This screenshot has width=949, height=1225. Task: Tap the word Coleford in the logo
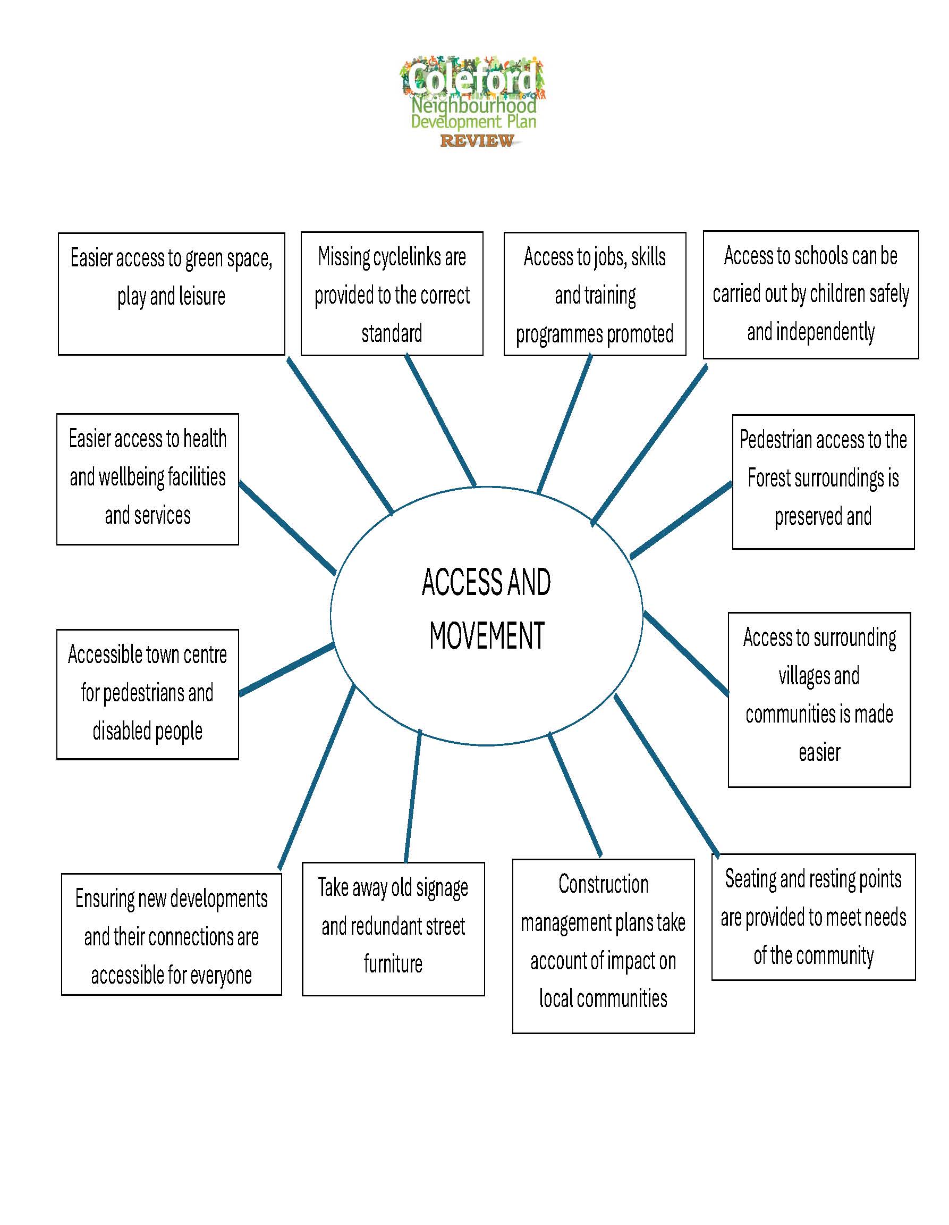tap(472, 79)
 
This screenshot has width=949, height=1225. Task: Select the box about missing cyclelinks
tap(392, 294)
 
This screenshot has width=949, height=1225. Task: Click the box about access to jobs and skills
tap(595, 294)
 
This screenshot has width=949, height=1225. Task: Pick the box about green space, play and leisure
tap(172, 294)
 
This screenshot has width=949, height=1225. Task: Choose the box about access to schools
tap(810, 294)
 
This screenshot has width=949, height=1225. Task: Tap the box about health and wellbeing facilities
tap(147, 479)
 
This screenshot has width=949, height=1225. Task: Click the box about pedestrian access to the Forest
tap(823, 481)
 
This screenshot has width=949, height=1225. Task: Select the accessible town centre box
tap(147, 694)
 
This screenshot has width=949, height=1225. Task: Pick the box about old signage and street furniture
tap(393, 928)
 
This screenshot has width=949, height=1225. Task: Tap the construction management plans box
tap(603, 945)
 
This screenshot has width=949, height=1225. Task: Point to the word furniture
tap(393, 963)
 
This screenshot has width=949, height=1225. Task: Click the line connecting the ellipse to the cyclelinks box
tap(440, 421)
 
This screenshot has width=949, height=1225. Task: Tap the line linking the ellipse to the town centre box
tap(286, 670)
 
